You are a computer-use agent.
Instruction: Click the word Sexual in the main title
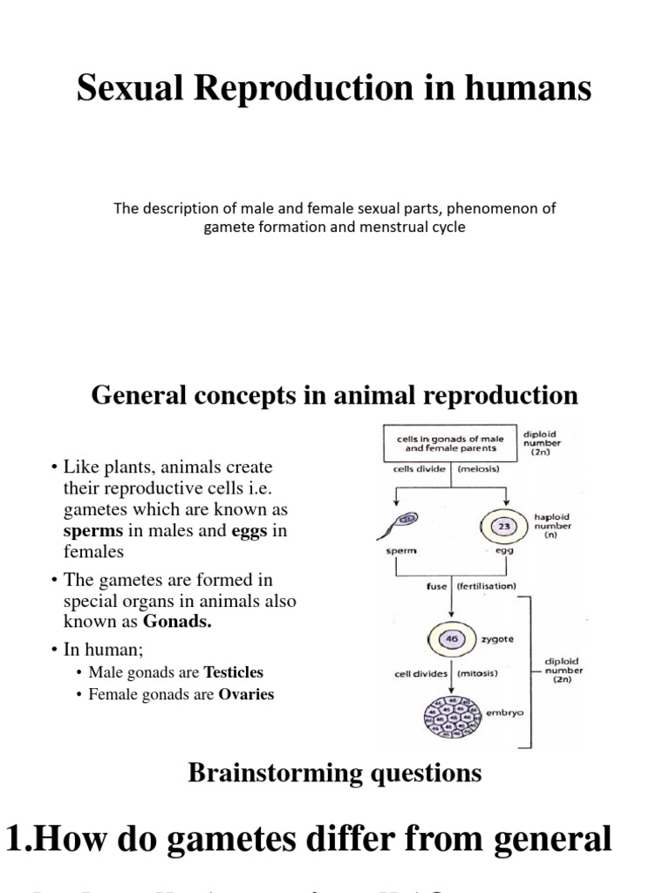pos(129,88)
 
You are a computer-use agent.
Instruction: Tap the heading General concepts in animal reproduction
pos(334,395)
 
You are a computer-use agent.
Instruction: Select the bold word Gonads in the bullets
pos(179,622)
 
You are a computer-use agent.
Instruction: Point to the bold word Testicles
pos(233,672)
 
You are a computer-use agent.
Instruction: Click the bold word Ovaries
pos(246,695)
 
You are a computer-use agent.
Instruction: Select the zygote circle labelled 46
pos(453,638)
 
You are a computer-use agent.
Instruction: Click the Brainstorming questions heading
pos(334,773)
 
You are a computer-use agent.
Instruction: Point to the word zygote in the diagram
pos(497,639)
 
